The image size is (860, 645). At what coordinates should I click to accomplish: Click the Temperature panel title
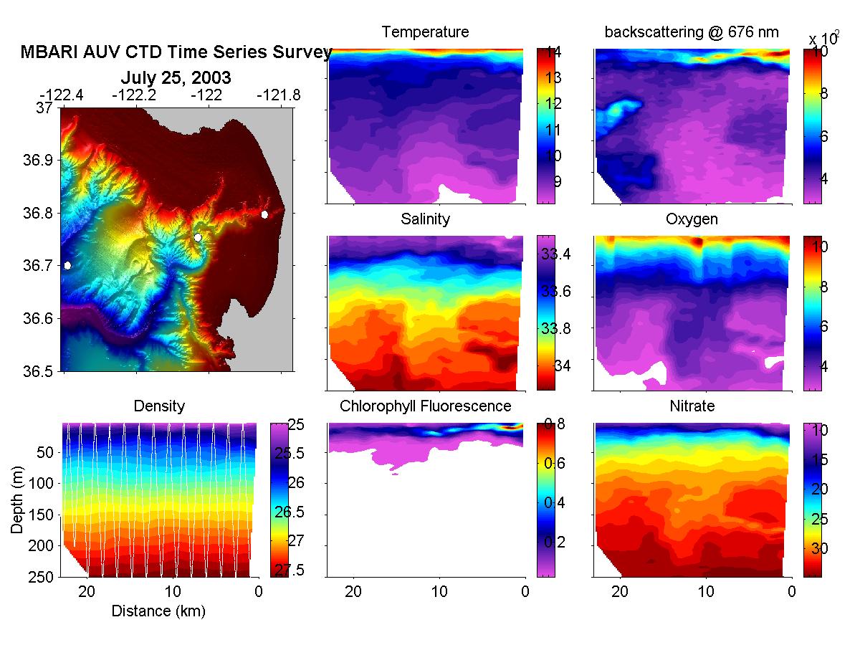pyautogui.click(x=425, y=32)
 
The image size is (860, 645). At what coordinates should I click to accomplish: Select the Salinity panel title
pyautogui.click(x=425, y=219)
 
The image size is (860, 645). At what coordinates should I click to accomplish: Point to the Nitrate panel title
pyautogui.click(x=692, y=406)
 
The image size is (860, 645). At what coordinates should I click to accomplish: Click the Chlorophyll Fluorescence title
pyautogui.click(x=425, y=406)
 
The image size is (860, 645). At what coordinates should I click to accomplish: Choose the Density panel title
pyautogui.click(x=159, y=406)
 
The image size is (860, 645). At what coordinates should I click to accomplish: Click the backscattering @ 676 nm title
pyautogui.click(x=692, y=32)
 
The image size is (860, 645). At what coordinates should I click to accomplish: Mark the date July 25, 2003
pyautogui.click(x=176, y=77)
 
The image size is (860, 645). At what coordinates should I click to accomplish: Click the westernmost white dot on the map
pyautogui.click(x=67, y=265)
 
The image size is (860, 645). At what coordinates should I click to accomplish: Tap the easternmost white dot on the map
pyautogui.click(x=265, y=214)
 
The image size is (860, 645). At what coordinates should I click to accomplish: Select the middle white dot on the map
pyautogui.click(x=198, y=237)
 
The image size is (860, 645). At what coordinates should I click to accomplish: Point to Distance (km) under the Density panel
pyautogui.click(x=158, y=611)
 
